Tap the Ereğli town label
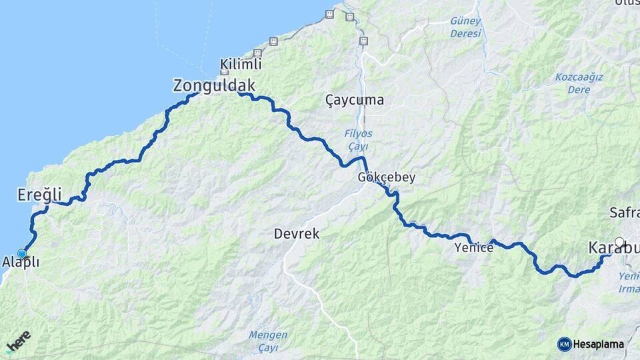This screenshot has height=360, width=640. point(39,195)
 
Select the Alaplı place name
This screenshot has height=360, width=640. point(21,262)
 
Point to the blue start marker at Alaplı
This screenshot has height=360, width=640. point(23,253)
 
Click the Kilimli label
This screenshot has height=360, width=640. point(241,65)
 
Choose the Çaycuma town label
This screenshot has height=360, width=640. point(355,101)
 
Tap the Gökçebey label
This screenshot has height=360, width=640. point(387,178)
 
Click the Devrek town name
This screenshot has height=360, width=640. point(297,235)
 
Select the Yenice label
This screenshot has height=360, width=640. point(473,248)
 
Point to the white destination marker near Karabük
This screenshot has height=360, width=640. point(619,242)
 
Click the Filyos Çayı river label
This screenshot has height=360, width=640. point(359,139)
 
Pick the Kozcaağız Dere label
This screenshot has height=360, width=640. point(579,83)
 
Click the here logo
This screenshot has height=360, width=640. point(18,341)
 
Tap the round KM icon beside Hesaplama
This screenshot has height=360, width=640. point(564,344)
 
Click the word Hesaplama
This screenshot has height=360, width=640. point(599,344)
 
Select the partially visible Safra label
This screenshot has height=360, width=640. point(624,213)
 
